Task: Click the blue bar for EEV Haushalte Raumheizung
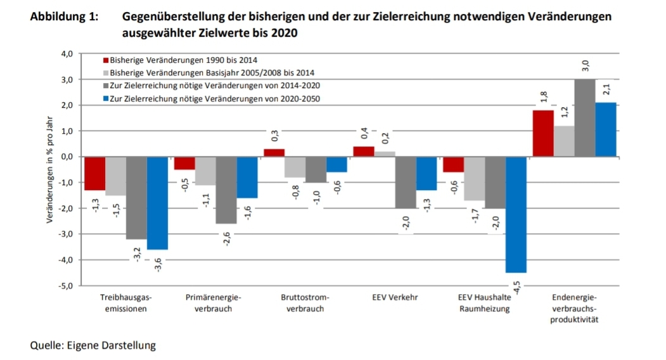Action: pos(516,214)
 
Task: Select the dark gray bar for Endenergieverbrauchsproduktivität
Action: pos(585,118)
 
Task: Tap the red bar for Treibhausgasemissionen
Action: pos(95,173)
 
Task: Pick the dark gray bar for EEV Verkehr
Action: pos(406,182)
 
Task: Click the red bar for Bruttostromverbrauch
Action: pos(274,153)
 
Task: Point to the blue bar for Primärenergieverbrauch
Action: pos(247,177)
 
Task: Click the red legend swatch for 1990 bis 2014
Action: pos(106,60)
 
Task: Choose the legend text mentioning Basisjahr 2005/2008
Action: pos(212,72)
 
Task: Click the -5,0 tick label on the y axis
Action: pos(66,286)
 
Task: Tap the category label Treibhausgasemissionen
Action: pos(126,302)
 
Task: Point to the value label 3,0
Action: pos(585,66)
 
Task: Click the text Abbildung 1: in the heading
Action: pos(64,17)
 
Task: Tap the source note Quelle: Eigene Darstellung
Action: pos(93,345)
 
